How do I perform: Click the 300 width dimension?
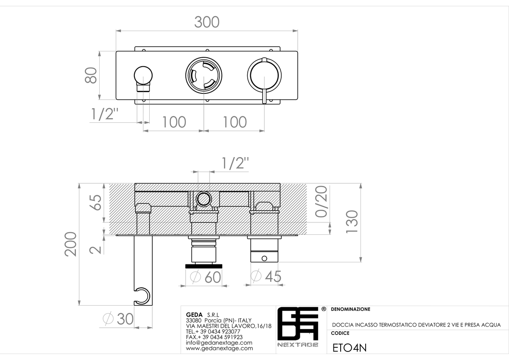click(x=207, y=22)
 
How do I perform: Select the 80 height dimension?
click(x=91, y=75)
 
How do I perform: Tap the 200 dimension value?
click(x=70, y=244)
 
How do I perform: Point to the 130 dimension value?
click(x=352, y=222)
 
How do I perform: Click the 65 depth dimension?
click(x=95, y=202)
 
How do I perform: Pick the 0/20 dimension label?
click(x=321, y=202)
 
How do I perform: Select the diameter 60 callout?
click(x=205, y=277)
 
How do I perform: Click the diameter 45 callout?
click(x=266, y=276)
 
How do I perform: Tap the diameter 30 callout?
click(x=118, y=319)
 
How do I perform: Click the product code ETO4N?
click(x=350, y=348)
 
